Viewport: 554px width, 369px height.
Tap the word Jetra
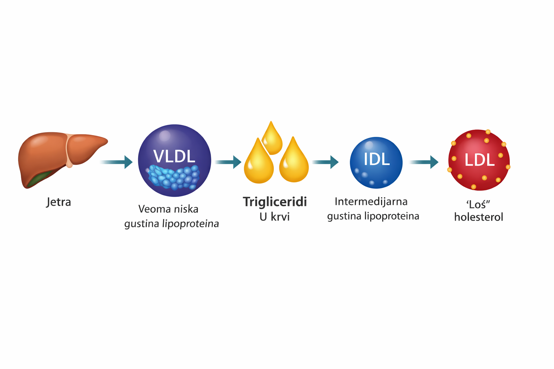59,202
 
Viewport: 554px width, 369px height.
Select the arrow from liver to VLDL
117,162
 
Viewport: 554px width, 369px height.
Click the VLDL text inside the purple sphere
174,156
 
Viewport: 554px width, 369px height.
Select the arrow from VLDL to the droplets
228,162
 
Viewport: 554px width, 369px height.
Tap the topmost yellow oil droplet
272,139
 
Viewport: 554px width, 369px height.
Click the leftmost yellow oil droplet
259,164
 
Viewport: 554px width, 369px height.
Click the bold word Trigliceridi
275,202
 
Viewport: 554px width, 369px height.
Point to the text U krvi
274,217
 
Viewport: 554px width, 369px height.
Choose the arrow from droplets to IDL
326,162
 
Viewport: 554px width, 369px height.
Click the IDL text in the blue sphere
377,159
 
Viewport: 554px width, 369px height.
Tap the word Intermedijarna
371,201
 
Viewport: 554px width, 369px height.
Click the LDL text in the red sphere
479,160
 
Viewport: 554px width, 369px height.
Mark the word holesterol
479,217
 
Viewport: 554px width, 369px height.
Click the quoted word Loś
478,204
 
